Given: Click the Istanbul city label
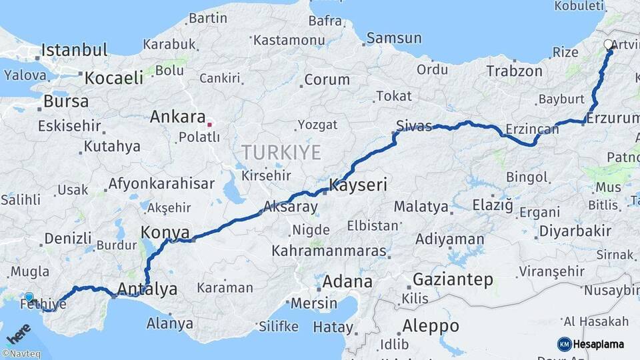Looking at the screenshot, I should [74, 50].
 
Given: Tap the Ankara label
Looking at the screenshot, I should [177, 117].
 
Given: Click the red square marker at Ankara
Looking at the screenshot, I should [209, 124].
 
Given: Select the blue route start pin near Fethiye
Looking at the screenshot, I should [29, 297].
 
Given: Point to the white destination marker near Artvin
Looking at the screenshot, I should [608, 45].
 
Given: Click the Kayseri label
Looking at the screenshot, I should [358, 185].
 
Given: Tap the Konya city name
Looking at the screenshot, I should [165, 233].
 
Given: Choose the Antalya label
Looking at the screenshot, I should [147, 289].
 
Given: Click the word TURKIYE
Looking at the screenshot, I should [281, 153].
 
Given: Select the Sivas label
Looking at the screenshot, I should [414, 125].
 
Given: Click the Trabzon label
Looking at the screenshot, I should [514, 70].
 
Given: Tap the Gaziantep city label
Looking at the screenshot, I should [453, 279].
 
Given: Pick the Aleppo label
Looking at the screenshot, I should [431, 326].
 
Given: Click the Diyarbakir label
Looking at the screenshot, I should [575, 231].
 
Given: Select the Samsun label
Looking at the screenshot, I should [394, 38].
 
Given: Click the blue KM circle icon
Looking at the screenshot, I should [564, 344].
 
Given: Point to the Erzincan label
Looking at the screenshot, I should [531, 127].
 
